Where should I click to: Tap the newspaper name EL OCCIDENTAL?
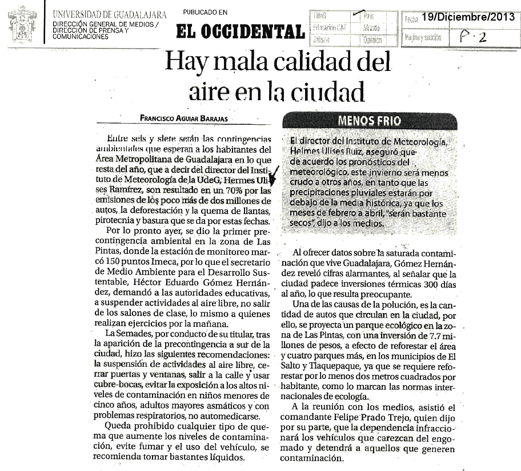point(239,31)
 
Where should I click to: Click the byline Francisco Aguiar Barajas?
point(183,118)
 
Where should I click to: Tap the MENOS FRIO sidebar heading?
point(369,121)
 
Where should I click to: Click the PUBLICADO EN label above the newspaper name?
point(205,13)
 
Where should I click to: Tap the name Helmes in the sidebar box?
point(307,152)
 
